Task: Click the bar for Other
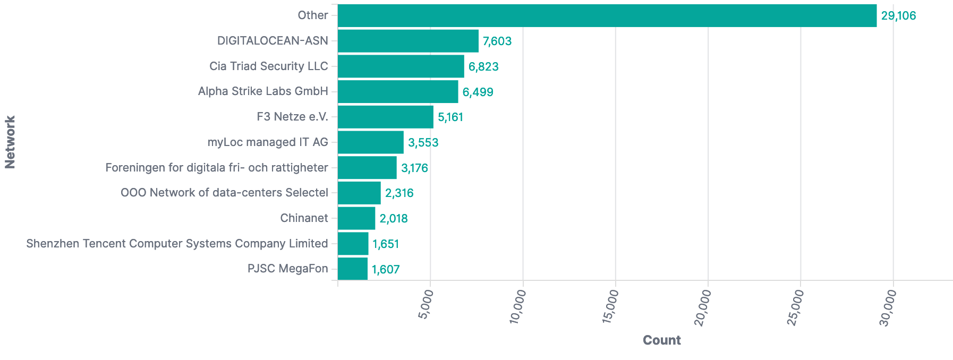607,15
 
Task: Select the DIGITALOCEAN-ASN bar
408,41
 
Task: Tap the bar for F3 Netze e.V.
385,117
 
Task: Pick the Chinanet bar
356,218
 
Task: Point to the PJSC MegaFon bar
353,269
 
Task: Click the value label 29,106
898,16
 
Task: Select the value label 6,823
483,67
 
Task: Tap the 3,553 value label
423,143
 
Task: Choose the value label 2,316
399,193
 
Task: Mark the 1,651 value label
386,244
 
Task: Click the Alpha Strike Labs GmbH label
263,91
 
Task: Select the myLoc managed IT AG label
268,142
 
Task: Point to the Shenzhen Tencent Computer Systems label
177,244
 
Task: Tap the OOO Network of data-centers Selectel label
224,193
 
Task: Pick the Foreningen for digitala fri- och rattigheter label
217,168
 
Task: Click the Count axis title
661,340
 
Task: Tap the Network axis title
10,142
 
